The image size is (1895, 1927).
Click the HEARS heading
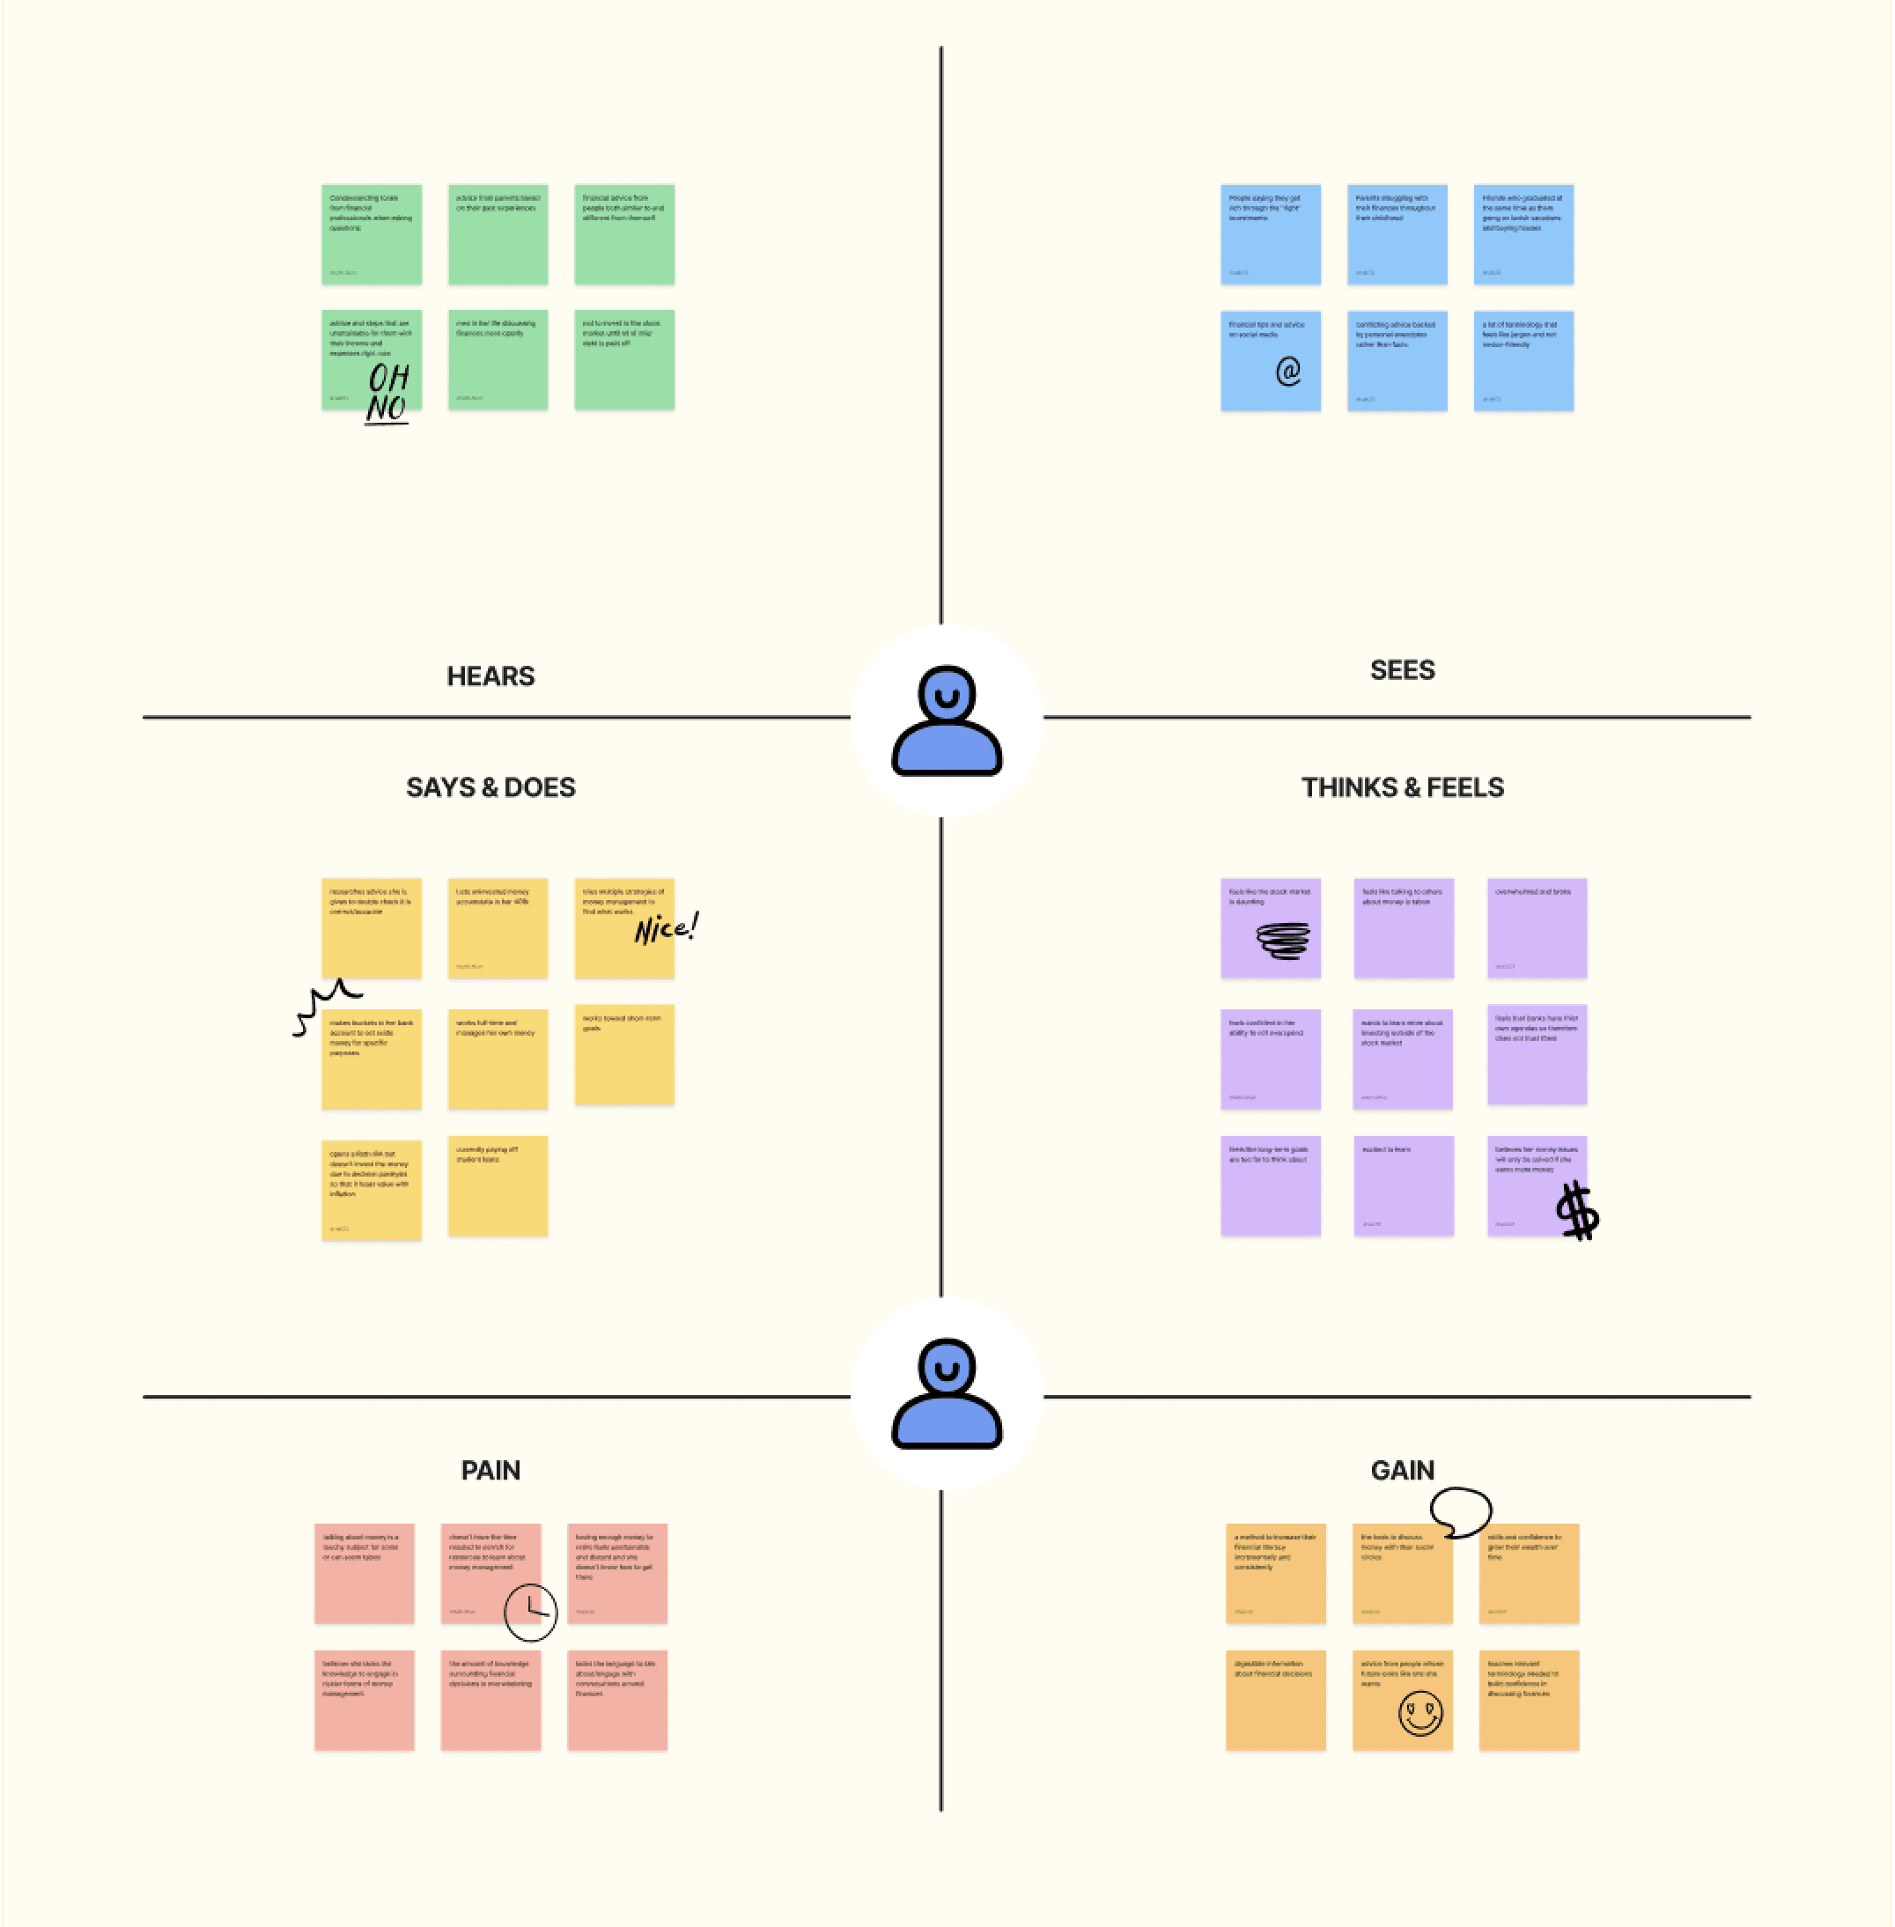(490, 677)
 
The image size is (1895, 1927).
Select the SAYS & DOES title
(490, 787)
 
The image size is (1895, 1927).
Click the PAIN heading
(490, 1470)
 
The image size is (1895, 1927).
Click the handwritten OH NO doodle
(387, 393)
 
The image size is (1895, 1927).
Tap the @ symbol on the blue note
(1288, 372)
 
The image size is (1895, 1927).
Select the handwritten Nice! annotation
(666, 927)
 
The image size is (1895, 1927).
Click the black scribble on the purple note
(1283, 940)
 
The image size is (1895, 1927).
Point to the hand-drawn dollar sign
(1576, 1210)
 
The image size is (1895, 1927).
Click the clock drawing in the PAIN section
(530, 1612)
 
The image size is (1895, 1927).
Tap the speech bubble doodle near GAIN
(1460, 1511)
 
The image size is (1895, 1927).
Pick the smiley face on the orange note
(1419, 1714)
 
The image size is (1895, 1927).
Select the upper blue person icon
(946, 720)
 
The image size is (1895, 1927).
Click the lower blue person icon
(946, 1393)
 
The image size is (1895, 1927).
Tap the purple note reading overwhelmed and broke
(1536, 927)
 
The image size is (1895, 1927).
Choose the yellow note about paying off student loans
(497, 1185)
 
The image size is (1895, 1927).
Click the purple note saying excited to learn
(1403, 1185)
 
